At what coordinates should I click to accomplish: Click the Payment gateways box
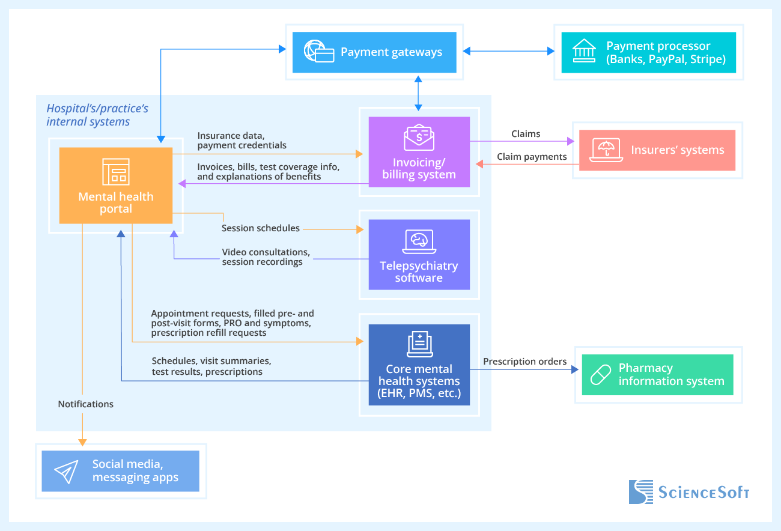pos(374,52)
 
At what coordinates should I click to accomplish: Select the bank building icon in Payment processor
pos(584,52)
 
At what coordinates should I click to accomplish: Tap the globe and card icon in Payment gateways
pos(318,52)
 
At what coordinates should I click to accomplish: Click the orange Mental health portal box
pos(115,185)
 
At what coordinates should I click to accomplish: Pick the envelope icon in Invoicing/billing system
pos(419,138)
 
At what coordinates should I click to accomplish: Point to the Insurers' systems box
pos(657,150)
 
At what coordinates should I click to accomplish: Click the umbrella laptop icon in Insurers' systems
pos(606,150)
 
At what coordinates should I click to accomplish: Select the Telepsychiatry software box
pos(419,255)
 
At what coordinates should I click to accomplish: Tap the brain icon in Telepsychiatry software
pos(419,241)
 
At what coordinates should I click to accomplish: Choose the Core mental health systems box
pos(419,365)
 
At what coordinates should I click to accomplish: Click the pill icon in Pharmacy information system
pos(600,375)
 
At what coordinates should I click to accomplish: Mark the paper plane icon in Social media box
pos(66,472)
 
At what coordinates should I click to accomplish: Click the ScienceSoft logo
pos(689,492)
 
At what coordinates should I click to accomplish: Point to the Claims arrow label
pos(526,134)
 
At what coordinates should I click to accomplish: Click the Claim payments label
pos(532,157)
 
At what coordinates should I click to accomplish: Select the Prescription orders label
pos(524,362)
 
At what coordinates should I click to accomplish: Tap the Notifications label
pos(85,404)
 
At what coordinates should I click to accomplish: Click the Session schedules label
pos(260,228)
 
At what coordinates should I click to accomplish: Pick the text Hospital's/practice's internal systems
pos(97,115)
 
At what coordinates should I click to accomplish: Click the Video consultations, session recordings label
pos(266,257)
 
